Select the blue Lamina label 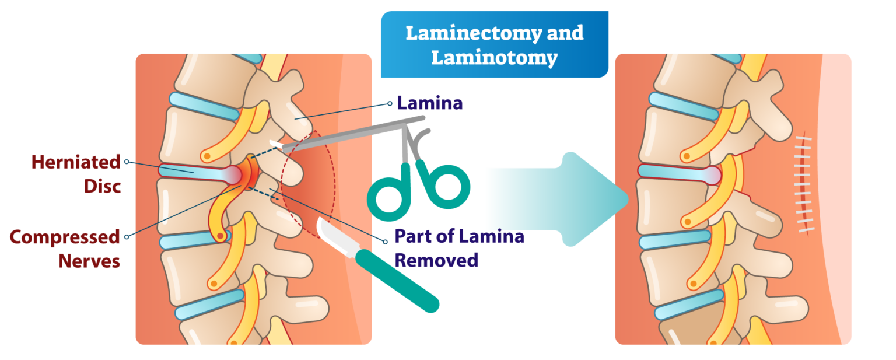(x=429, y=103)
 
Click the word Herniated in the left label (x=76, y=162)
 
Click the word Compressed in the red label (x=65, y=237)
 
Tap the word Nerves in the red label (x=89, y=260)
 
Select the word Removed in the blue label (x=436, y=260)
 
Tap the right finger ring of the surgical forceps (x=450, y=185)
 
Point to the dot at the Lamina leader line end (x=390, y=104)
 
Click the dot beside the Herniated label (x=127, y=162)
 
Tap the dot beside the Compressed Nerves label (x=127, y=237)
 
